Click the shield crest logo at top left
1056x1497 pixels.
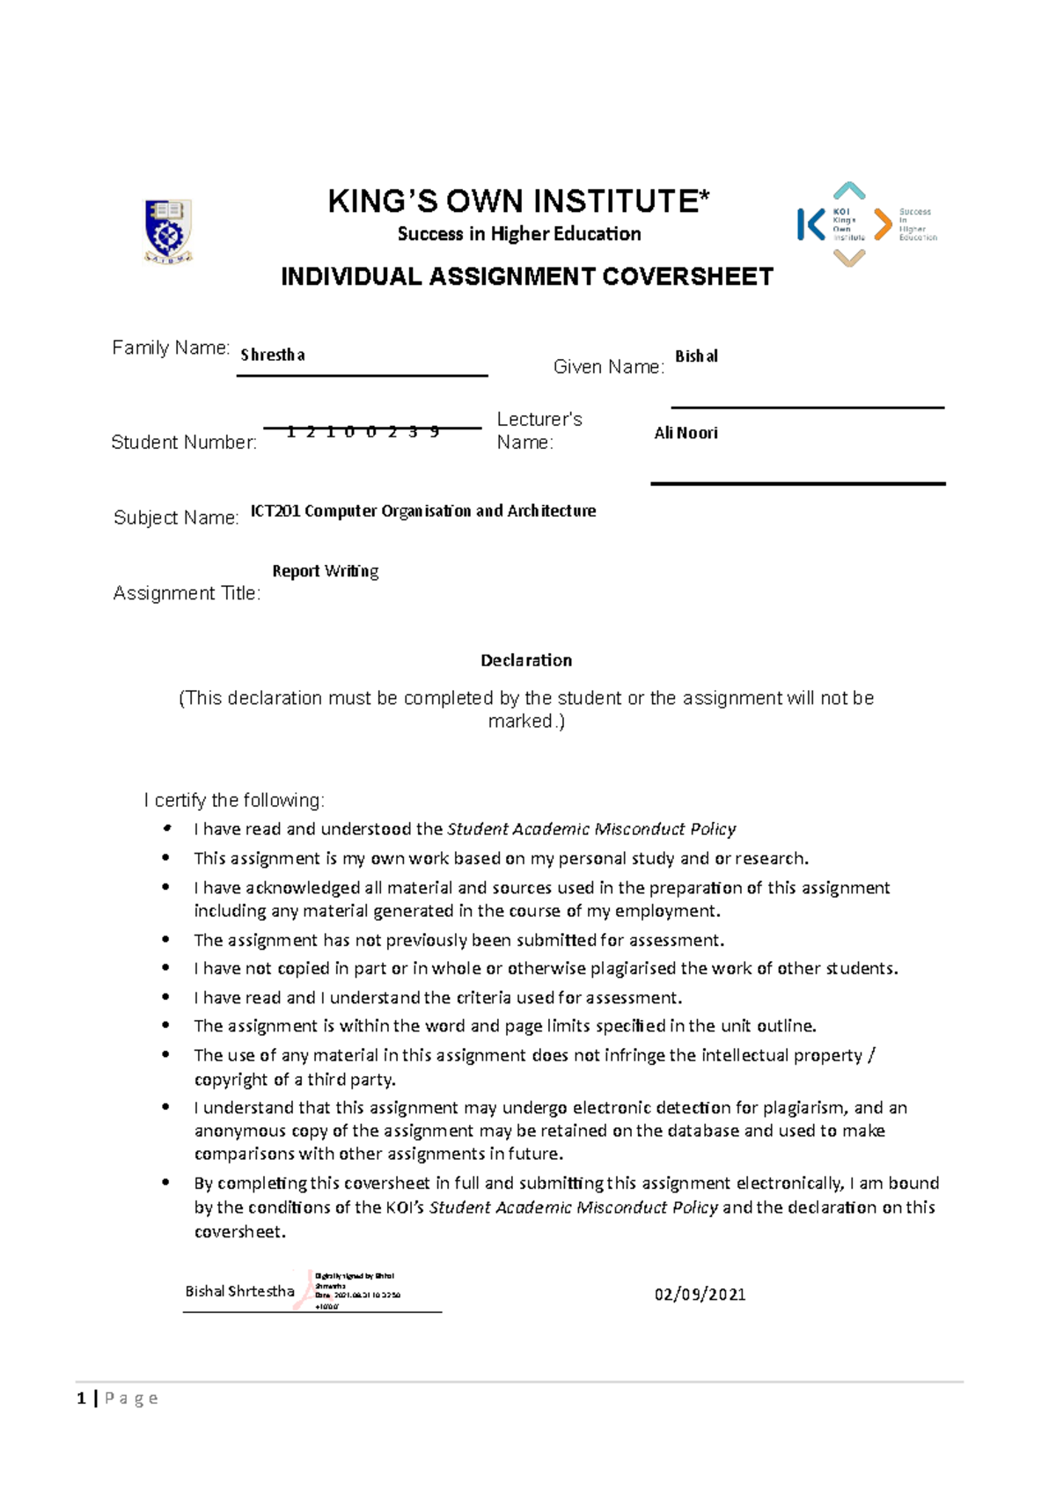[167, 231]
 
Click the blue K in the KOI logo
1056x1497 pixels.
[810, 224]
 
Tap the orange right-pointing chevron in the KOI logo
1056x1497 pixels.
[883, 224]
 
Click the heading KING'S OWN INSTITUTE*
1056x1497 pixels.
[518, 202]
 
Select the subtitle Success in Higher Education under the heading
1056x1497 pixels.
[518, 234]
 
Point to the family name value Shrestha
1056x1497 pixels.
[273, 355]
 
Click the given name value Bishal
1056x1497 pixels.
[696, 356]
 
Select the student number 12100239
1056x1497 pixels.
[363, 431]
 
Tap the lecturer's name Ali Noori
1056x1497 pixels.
[686, 433]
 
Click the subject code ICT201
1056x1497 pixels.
[275, 511]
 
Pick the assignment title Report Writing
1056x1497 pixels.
[326, 571]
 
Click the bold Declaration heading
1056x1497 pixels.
[526, 660]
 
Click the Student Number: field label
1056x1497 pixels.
[184, 443]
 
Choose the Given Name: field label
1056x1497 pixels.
[608, 367]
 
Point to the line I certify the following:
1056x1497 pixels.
[234, 800]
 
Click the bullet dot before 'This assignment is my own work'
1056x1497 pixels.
[165, 857]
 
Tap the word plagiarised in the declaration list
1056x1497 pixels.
[634, 968]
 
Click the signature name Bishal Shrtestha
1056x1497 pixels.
[239, 1291]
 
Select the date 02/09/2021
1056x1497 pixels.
[700, 1295]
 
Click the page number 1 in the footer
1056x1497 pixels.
[81, 1398]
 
